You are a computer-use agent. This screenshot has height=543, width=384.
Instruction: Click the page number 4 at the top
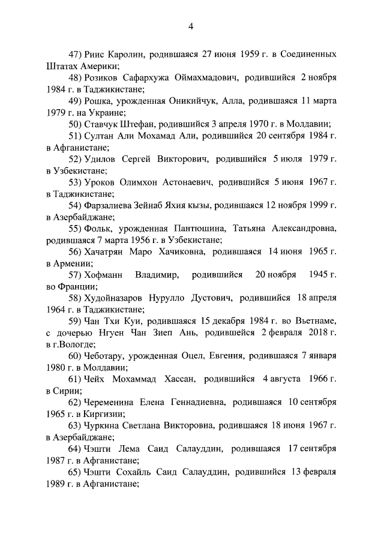(x=191, y=26)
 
